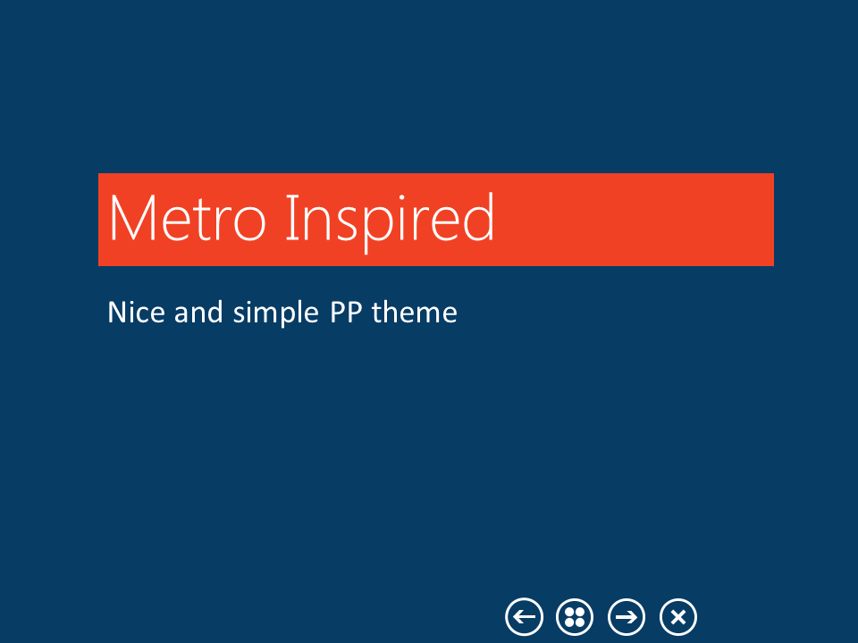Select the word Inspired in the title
[390, 219]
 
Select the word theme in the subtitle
[415, 313]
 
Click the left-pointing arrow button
[524, 616]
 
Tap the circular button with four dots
[575, 616]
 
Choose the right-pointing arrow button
[627, 616]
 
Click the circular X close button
[678, 616]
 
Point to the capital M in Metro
[130, 219]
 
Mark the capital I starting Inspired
[290, 219]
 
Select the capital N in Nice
[116, 313]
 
